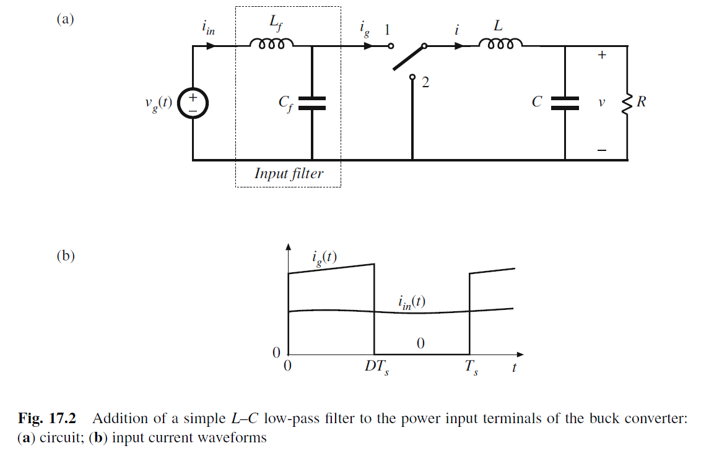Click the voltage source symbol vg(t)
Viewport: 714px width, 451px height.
(193, 104)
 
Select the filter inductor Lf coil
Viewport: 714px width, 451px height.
(271, 45)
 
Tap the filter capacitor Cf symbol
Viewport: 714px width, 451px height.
(311, 103)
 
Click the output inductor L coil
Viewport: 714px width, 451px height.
(500, 45)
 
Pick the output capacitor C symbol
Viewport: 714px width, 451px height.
(565, 103)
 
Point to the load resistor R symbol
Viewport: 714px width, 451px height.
(627, 103)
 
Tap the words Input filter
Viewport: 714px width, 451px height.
(289, 173)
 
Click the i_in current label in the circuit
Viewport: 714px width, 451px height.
(209, 28)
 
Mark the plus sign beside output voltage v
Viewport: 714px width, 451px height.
(601, 55)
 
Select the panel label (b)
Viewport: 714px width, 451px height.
(64, 256)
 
